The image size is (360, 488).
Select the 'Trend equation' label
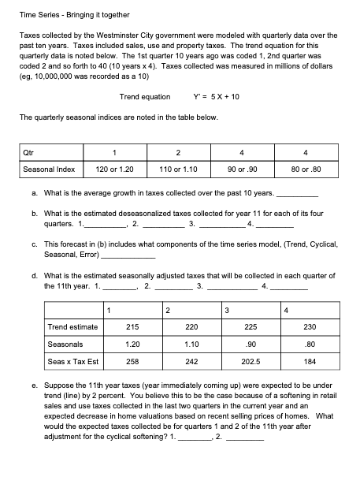point(144,97)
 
